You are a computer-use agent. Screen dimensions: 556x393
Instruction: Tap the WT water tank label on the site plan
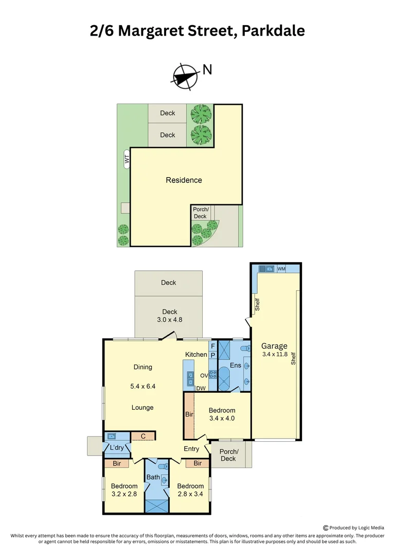click(127, 159)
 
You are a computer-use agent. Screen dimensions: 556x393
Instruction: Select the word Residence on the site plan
click(184, 180)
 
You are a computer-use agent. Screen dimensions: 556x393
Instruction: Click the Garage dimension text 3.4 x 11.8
click(274, 355)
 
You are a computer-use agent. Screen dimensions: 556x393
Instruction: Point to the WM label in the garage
click(281, 269)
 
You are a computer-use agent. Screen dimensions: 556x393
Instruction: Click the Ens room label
click(236, 365)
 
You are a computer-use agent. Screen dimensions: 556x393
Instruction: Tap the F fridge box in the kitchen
click(212, 346)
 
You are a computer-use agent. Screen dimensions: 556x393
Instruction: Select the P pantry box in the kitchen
click(212, 355)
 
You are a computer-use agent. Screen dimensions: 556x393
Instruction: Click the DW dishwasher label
click(201, 389)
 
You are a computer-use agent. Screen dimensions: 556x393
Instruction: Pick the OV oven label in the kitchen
click(204, 375)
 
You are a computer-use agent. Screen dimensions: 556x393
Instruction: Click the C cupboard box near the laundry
click(143, 437)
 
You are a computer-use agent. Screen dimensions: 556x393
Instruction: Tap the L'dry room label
click(117, 448)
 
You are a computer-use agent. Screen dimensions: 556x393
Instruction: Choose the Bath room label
click(153, 477)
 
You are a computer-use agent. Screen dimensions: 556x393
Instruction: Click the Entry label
click(191, 449)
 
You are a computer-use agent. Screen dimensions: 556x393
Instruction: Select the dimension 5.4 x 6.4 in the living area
click(142, 386)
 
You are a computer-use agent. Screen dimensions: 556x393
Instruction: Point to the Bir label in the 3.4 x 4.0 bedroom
click(188, 414)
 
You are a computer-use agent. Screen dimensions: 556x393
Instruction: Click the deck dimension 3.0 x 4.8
click(169, 319)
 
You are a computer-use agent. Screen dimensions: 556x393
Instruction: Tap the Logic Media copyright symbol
click(325, 528)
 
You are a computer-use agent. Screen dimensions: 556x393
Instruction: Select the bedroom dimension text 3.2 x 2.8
click(124, 494)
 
